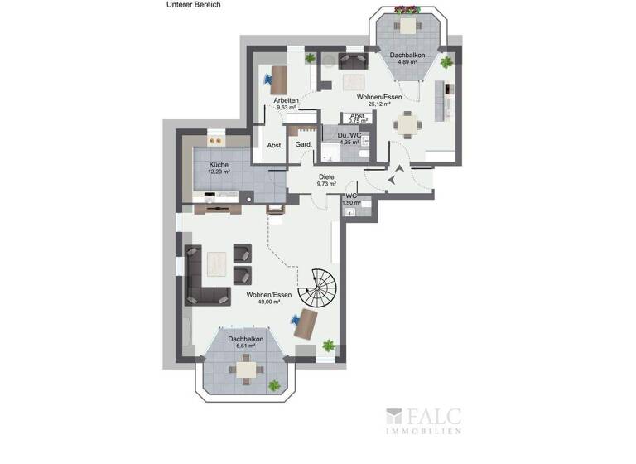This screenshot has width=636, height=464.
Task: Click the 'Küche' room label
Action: (x=219, y=165)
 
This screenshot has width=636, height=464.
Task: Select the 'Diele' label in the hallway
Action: (x=327, y=176)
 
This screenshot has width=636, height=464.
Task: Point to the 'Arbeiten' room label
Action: (x=287, y=100)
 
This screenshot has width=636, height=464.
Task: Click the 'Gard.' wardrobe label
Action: (x=304, y=145)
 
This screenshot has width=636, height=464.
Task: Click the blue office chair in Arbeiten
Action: (x=269, y=80)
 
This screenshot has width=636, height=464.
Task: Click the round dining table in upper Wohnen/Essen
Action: (x=407, y=125)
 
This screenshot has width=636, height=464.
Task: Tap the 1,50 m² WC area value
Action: (x=353, y=201)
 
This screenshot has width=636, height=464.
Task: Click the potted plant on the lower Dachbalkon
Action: (x=274, y=385)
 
